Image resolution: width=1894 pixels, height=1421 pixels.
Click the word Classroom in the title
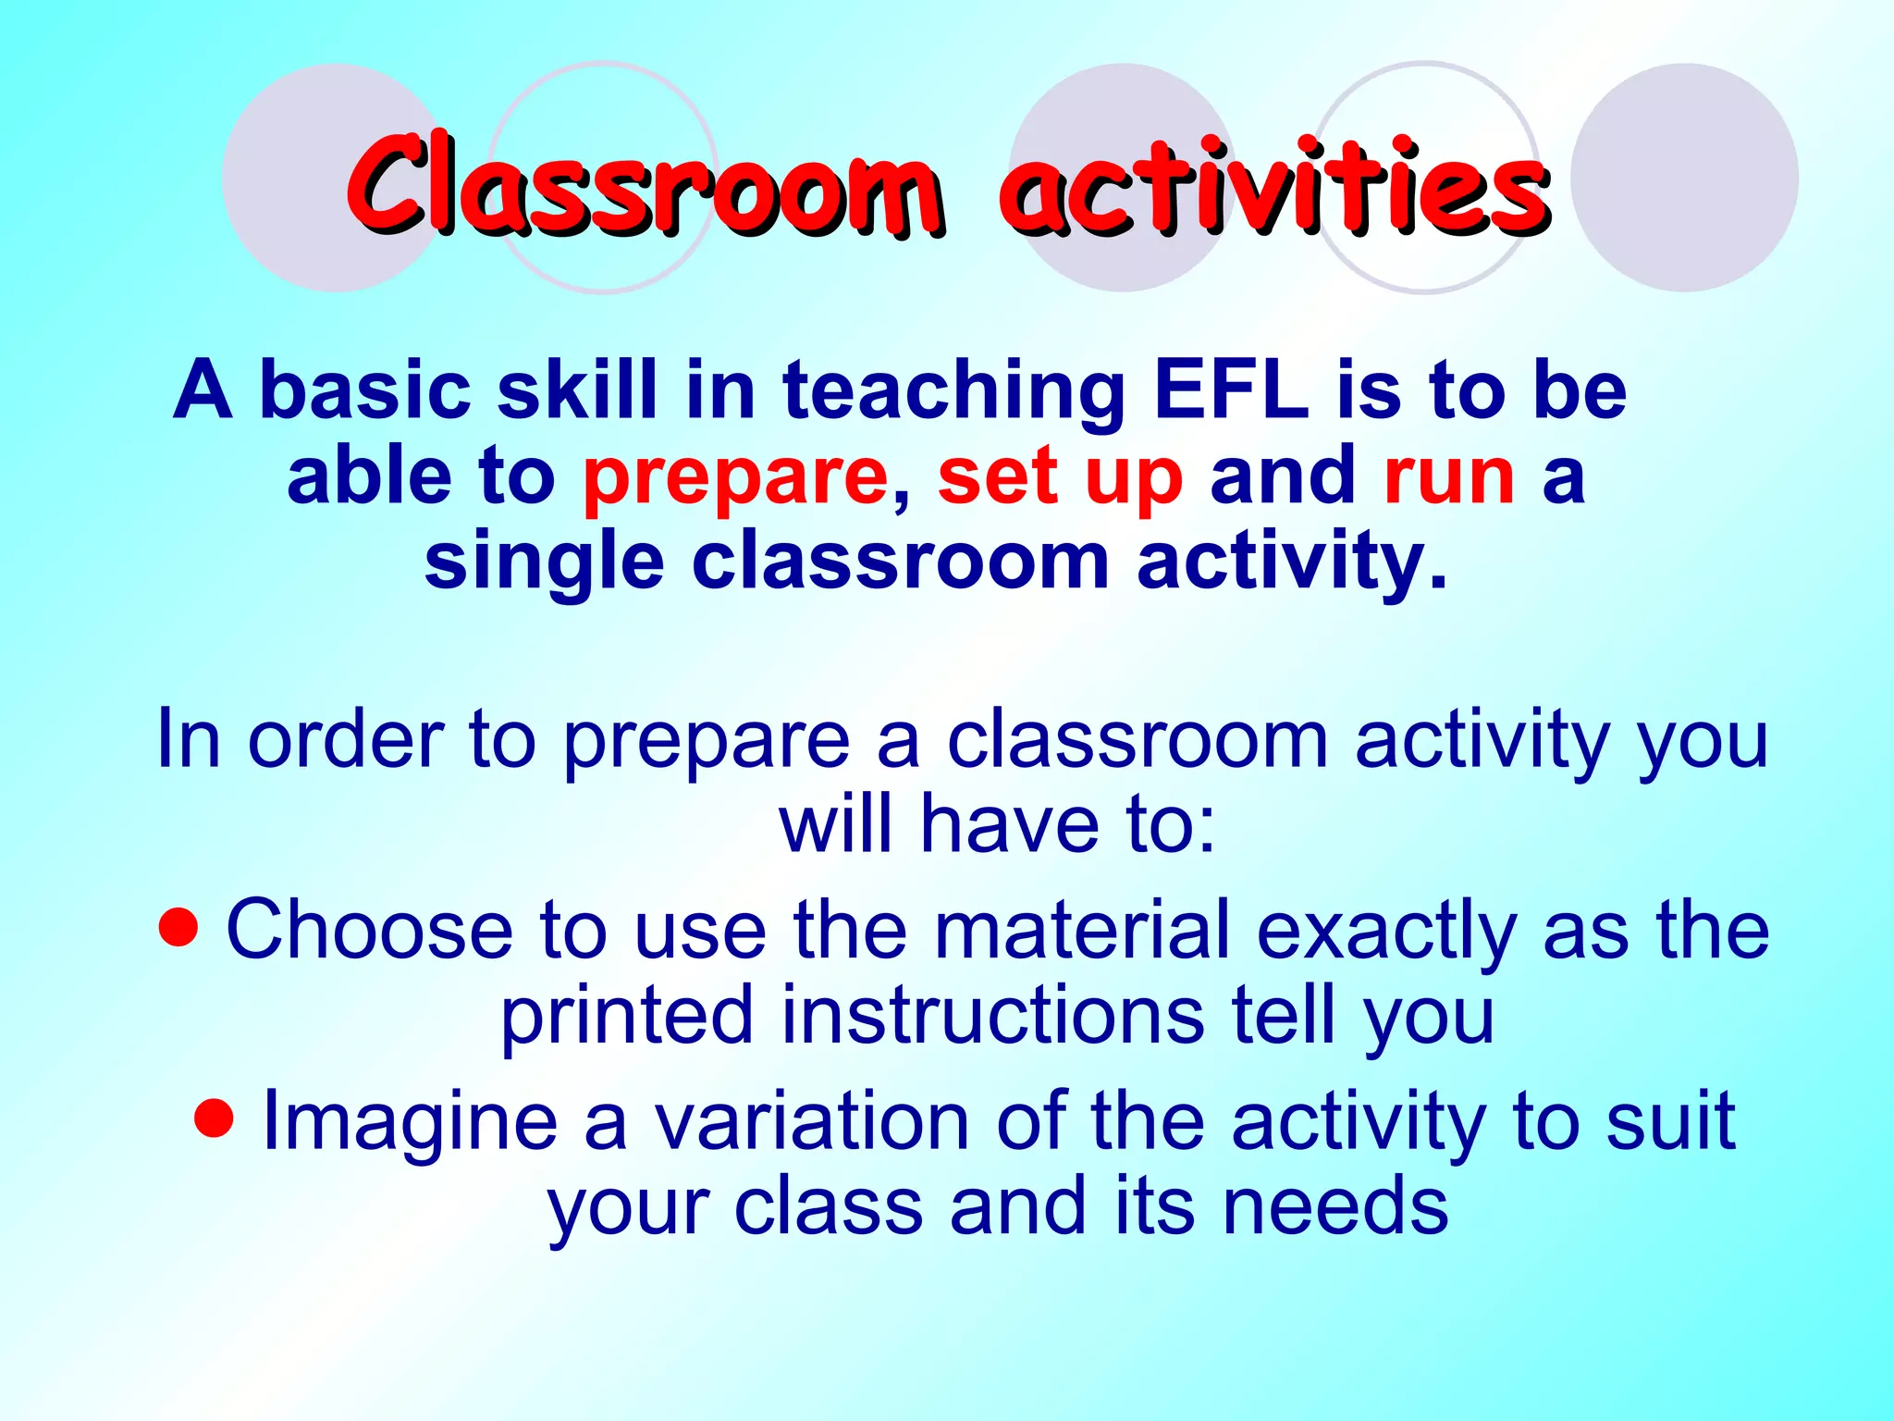coord(645,185)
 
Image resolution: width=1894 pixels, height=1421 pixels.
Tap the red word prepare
coord(735,477)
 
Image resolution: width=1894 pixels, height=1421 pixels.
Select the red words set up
coord(1060,477)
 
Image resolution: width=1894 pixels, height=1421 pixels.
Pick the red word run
coord(1449,477)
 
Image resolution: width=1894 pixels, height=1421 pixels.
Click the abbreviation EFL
coord(1231,390)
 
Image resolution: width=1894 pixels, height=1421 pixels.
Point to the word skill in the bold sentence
coord(578,390)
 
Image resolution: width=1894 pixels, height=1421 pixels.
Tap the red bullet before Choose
coord(178,927)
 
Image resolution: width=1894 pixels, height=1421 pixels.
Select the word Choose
coord(369,931)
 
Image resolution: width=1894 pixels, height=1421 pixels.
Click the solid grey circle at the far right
coord(1684,178)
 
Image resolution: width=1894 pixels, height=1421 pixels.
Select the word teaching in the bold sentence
coord(953,392)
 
